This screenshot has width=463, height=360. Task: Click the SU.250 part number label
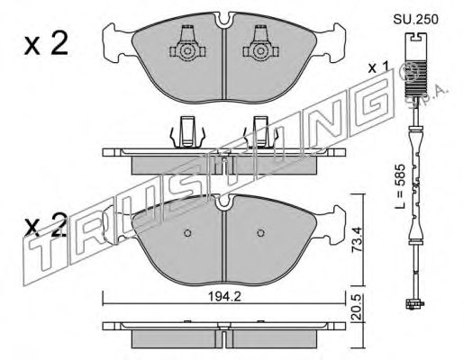click(416, 20)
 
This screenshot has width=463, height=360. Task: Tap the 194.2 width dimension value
click(225, 297)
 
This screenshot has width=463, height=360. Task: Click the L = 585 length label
click(400, 186)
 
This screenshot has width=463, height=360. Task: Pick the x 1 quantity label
click(378, 68)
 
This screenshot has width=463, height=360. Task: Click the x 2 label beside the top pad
click(46, 43)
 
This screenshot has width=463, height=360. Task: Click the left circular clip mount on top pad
click(187, 51)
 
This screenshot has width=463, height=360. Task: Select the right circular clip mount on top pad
click(260, 51)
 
